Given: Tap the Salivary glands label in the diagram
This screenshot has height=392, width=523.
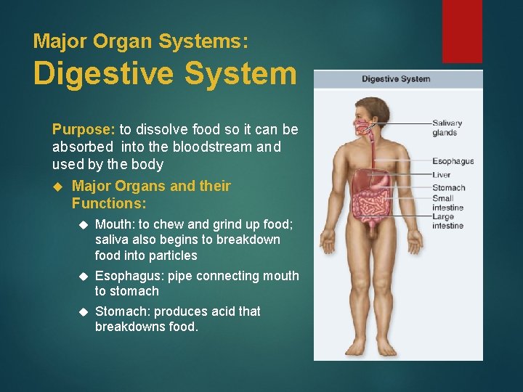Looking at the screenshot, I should (x=447, y=128).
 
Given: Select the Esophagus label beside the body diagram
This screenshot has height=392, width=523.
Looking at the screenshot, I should (x=453, y=161).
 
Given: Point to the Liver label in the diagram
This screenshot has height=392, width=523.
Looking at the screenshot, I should (x=442, y=175).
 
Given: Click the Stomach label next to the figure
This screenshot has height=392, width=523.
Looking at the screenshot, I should (x=448, y=188).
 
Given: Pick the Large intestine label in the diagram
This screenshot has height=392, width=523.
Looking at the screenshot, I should (x=447, y=221).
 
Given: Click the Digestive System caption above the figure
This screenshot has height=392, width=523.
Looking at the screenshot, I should (x=396, y=79).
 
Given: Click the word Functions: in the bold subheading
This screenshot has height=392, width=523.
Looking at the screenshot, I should (x=109, y=203).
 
